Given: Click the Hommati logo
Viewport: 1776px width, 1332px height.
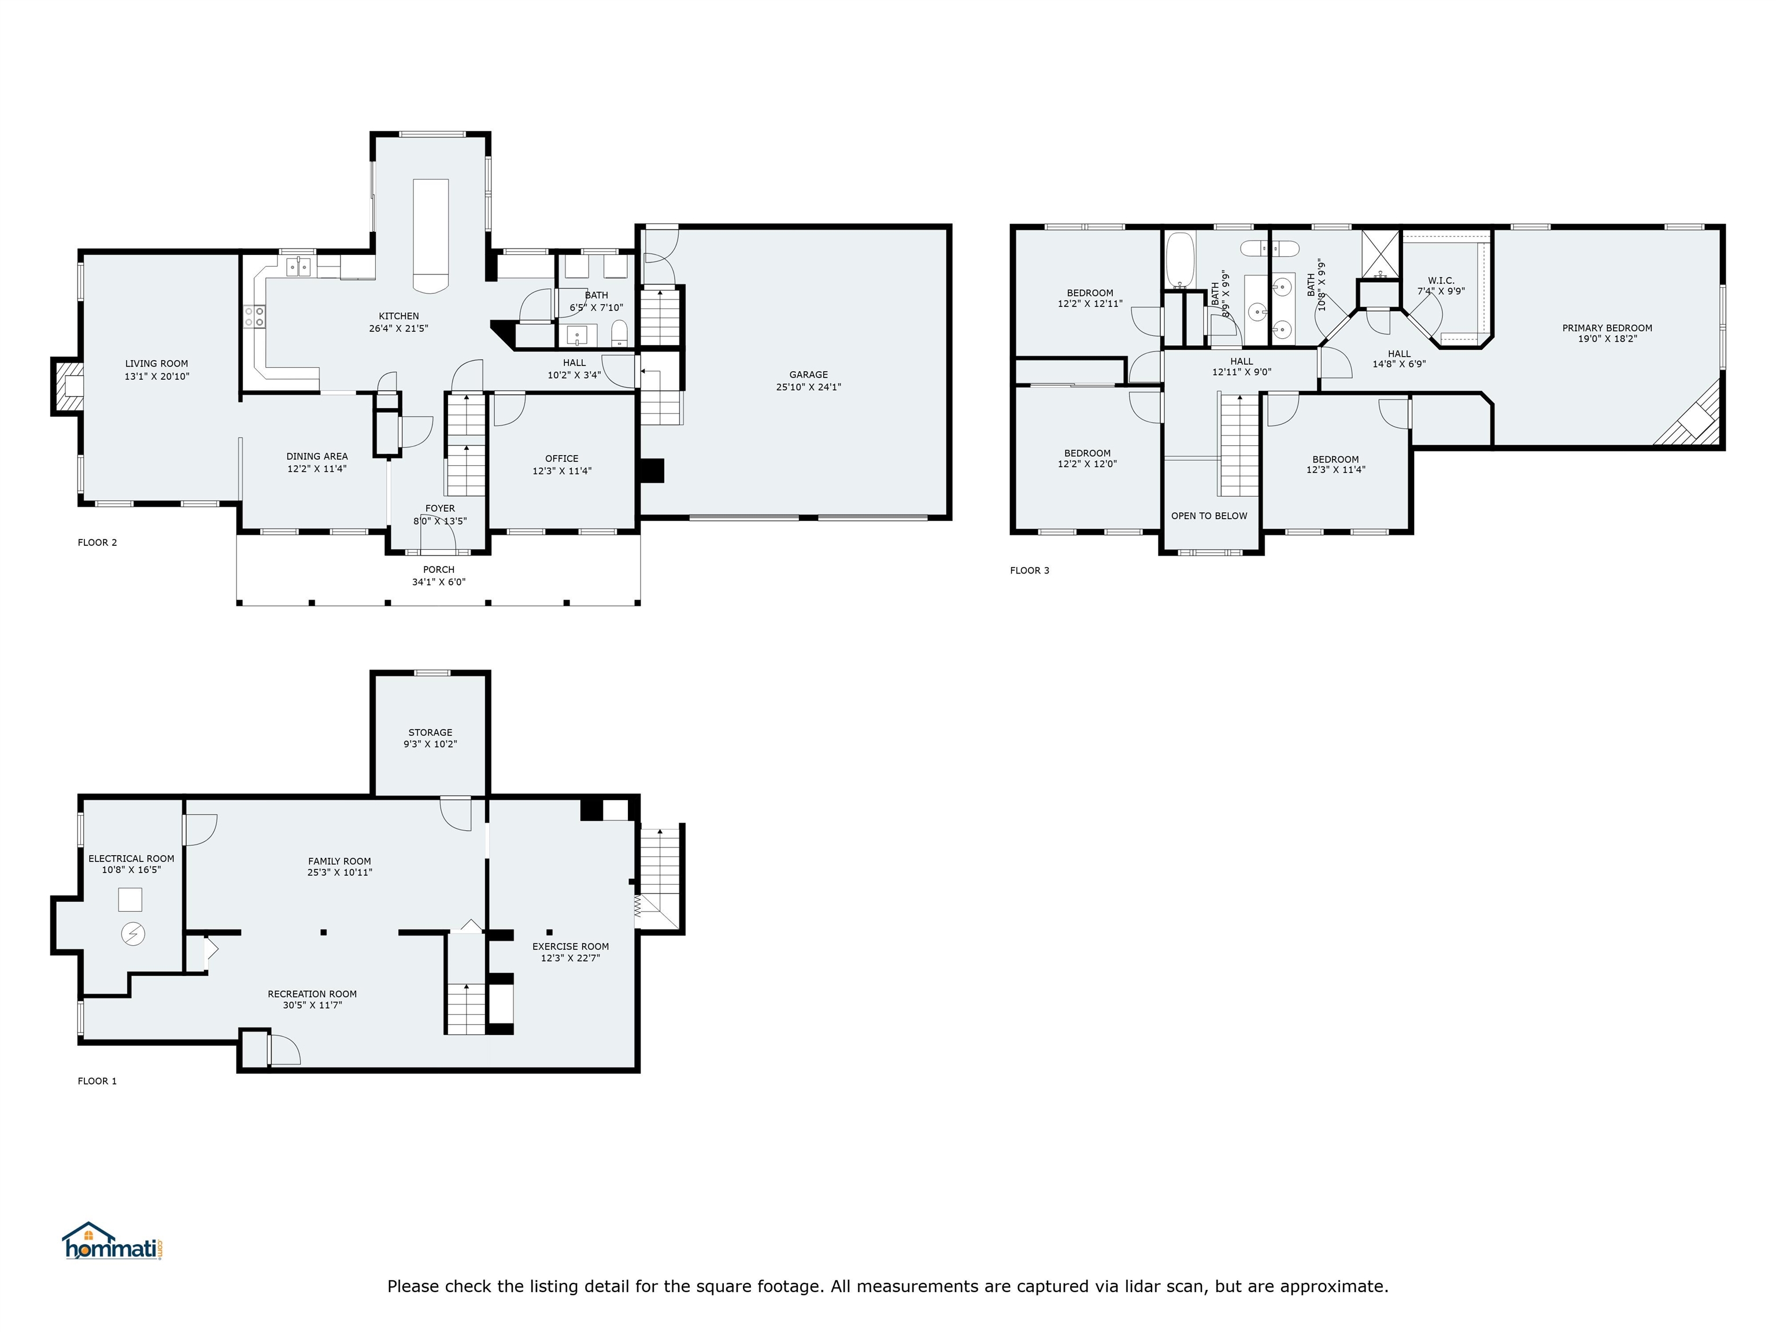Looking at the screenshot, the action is tap(113, 1241).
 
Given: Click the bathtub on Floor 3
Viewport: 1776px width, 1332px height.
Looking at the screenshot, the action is tap(1179, 260).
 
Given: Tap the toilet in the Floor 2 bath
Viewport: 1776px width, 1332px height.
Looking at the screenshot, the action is tap(619, 332).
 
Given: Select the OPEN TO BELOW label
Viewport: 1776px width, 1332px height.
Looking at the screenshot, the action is tap(1209, 516).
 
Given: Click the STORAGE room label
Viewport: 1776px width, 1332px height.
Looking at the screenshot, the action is tap(430, 732).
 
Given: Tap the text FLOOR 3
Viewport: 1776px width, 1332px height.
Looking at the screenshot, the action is tap(1029, 571).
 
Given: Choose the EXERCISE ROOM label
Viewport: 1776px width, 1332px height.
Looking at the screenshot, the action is tap(571, 946).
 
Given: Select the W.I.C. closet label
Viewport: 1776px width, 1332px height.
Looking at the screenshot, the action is tap(1441, 281).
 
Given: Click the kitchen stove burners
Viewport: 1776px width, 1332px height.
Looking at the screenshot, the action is tap(254, 316).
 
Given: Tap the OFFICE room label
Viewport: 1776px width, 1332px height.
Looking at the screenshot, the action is tap(562, 458).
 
